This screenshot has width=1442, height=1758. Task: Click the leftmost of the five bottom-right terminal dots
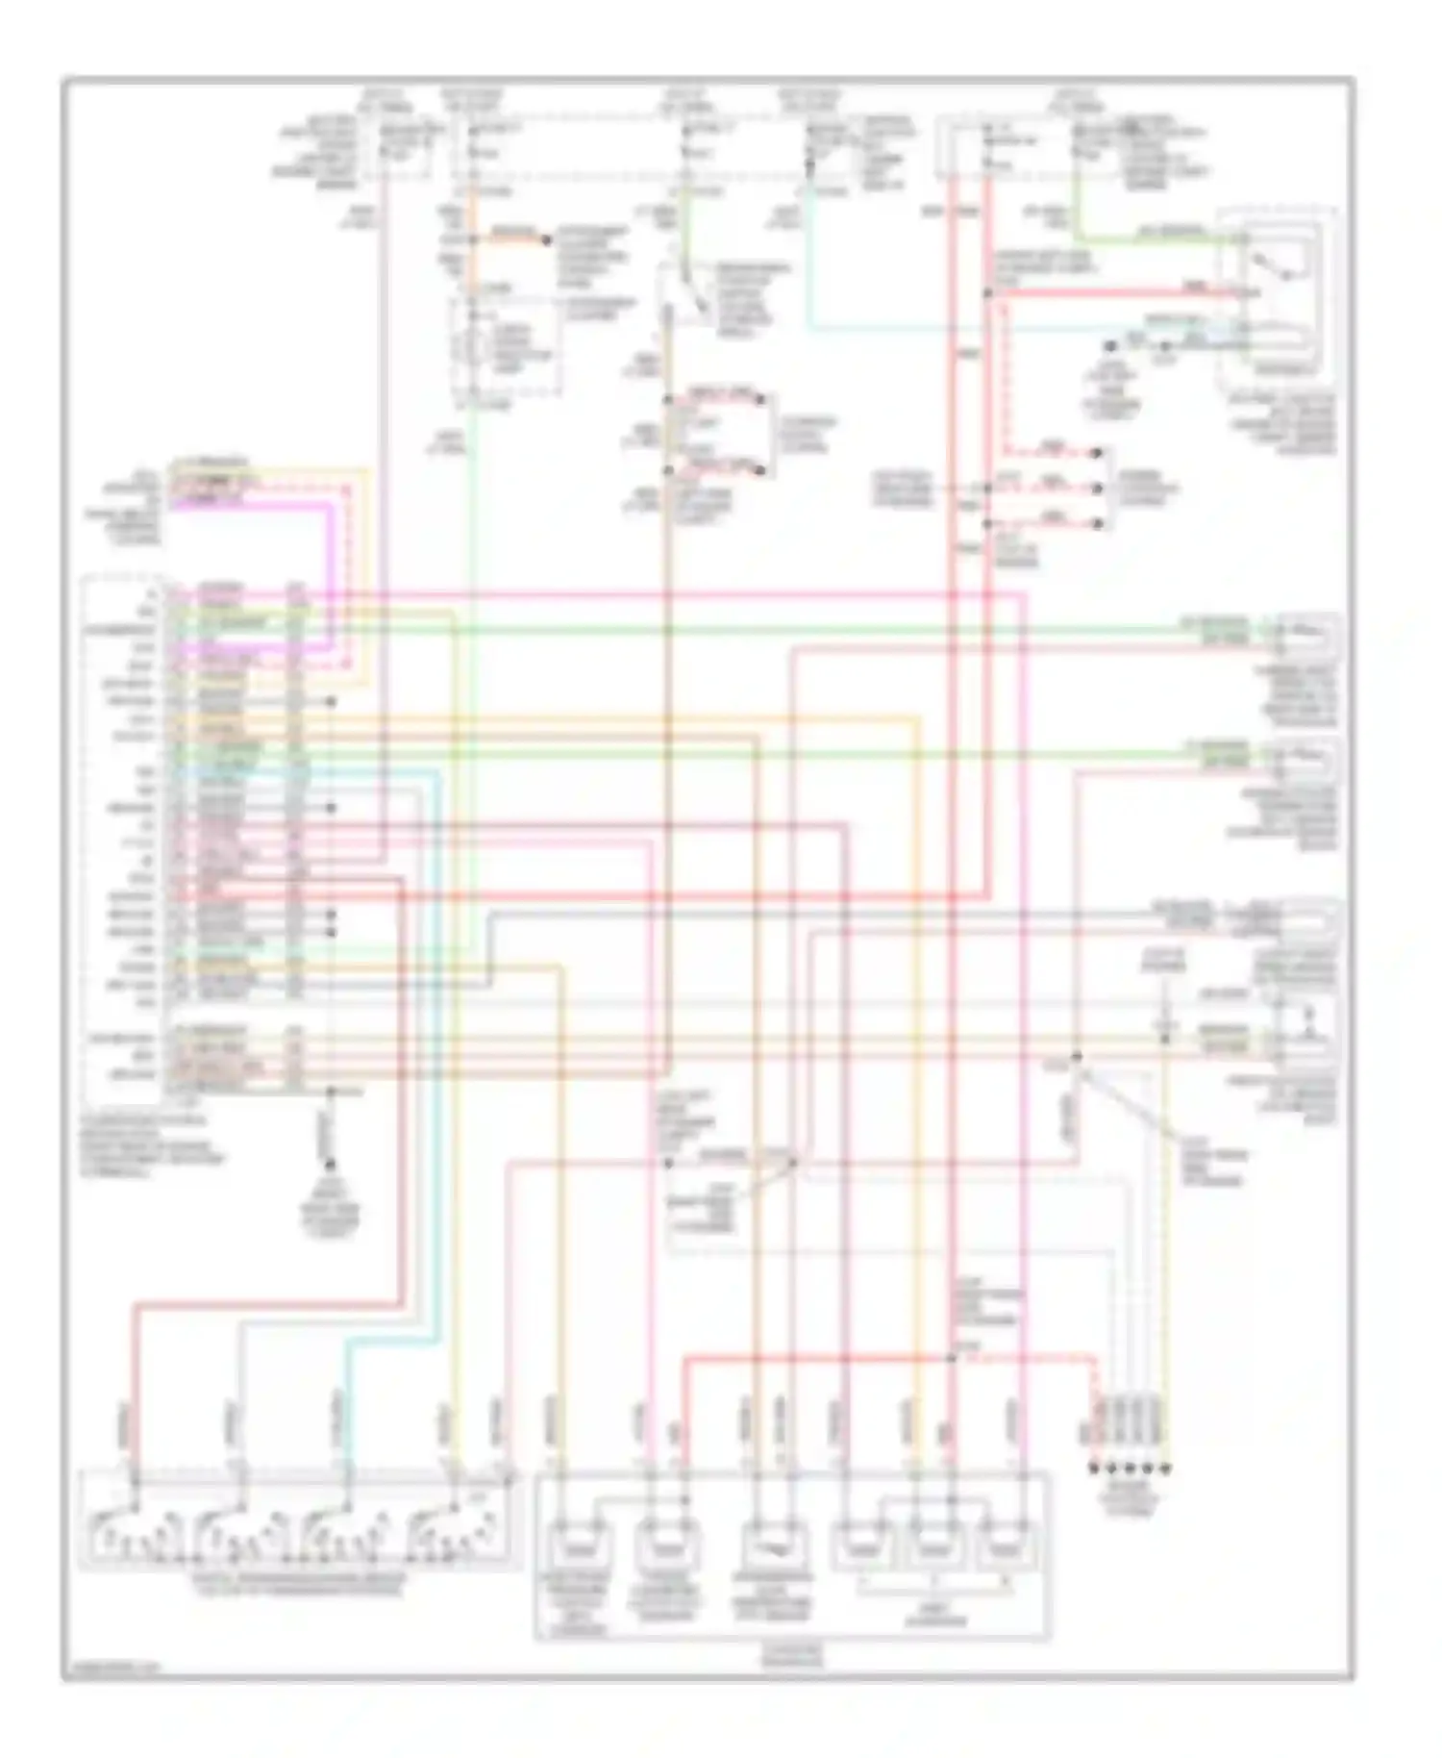pos(1093,1469)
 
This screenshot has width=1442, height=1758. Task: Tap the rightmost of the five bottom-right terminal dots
pos(1167,1469)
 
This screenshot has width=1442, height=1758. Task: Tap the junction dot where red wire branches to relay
pos(987,292)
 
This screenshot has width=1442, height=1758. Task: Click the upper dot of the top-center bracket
pos(759,396)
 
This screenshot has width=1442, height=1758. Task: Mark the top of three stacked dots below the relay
pos(1099,452)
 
